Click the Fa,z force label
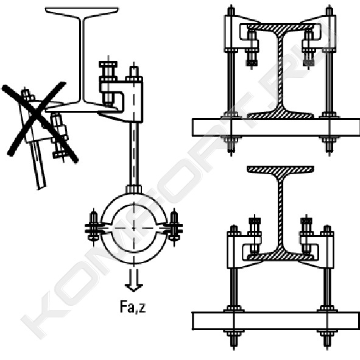133,307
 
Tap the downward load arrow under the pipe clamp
133,280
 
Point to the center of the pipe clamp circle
134,228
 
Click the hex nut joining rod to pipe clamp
133,189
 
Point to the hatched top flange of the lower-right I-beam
280,169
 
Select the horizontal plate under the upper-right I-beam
276,128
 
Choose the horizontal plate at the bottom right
276,321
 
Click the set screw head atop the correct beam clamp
108,65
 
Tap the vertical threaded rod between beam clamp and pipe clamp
134,154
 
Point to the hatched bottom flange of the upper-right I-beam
280,114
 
